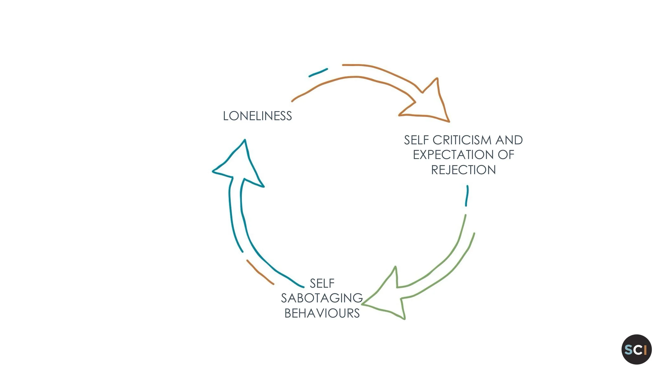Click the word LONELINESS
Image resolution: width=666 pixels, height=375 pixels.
(x=257, y=116)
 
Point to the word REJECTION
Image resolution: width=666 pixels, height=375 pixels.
(x=463, y=170)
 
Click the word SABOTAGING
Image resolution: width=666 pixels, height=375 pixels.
(x=322, y=298)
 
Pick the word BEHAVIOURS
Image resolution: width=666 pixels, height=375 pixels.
(x=322, y=313)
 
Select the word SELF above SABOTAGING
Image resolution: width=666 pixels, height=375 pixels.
(x=322, y=284)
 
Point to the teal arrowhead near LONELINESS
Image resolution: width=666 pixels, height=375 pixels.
(x=240, y=165)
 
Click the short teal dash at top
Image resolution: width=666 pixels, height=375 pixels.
(x=318, y=73)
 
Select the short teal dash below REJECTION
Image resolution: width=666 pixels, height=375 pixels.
(x=467, y=196)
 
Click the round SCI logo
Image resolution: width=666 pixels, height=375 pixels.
(x=636, y=349)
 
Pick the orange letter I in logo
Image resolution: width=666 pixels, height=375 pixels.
(x=645, y=350)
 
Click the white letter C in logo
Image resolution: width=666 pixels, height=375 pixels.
(x=638, y=350)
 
